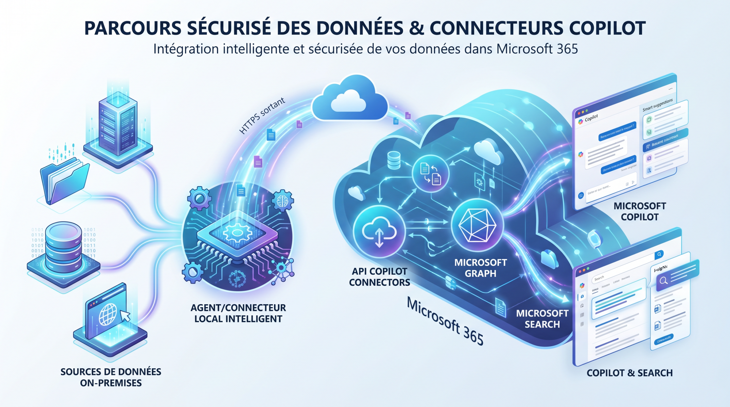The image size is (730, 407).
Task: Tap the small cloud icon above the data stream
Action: [x=350, y=98]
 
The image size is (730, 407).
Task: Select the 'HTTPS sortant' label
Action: [x=262, y=115]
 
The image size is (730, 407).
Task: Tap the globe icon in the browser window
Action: [x=108, y=314]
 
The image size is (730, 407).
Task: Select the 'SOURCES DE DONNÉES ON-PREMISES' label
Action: [x=111, y=377]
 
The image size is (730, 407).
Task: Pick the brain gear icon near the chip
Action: [x=282, y=201]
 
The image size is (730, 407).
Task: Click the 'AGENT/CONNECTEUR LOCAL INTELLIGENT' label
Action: [x=238, y=313]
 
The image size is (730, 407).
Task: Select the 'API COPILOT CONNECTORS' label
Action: [x=379, y=277]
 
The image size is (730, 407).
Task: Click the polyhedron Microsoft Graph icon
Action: [x=477, y=225]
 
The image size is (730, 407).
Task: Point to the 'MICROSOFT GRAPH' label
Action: [x=480, y=268]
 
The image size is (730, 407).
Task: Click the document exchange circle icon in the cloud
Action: [x=430, y=173]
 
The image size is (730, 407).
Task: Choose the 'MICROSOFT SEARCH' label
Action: [x=542, y=319]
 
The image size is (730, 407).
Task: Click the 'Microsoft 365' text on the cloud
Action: [x=445, y=321]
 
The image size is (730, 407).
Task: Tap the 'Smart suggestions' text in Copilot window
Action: [x=658, y=105]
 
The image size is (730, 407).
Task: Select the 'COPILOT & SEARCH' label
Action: [x=630, y=373]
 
